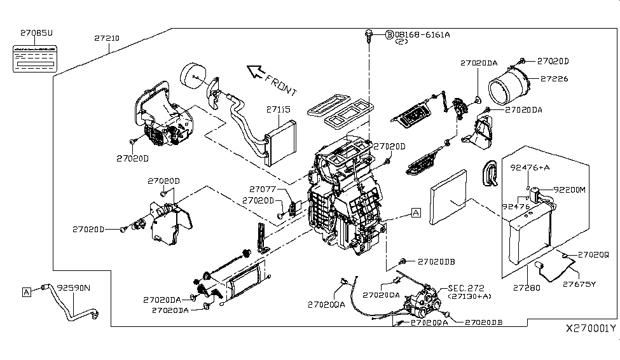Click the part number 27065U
(37, 32)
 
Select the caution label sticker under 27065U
(37, 55)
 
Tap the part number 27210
(106, 39)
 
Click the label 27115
(278, 109)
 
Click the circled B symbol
(389, 34)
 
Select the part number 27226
(554, 79)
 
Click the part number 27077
(261, 189)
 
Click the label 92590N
(74, 287)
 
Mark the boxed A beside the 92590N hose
(27, 291)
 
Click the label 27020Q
(593, 254)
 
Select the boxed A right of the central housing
(415, 213)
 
